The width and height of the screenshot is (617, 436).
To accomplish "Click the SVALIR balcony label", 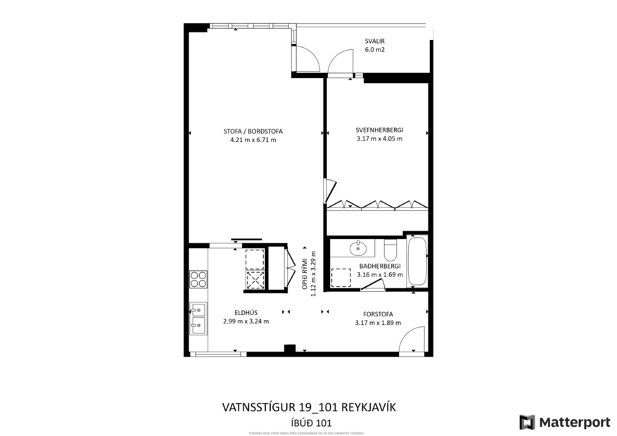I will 374,40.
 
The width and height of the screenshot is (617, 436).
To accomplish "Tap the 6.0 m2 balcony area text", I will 374,50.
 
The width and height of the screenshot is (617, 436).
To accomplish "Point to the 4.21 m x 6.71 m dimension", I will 253,140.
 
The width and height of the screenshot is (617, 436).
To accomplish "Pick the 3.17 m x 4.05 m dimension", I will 379,139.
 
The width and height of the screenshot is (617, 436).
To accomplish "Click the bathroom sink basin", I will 358,248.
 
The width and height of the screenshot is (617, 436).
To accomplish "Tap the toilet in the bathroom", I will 391,249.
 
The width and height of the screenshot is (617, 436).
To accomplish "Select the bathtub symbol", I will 416,261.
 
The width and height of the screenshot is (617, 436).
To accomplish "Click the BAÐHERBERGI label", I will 380,266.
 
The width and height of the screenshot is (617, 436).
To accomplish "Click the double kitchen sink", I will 198,318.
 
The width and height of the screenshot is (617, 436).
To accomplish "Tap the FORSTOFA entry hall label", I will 378,314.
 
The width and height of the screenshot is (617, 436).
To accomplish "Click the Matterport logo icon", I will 527,422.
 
